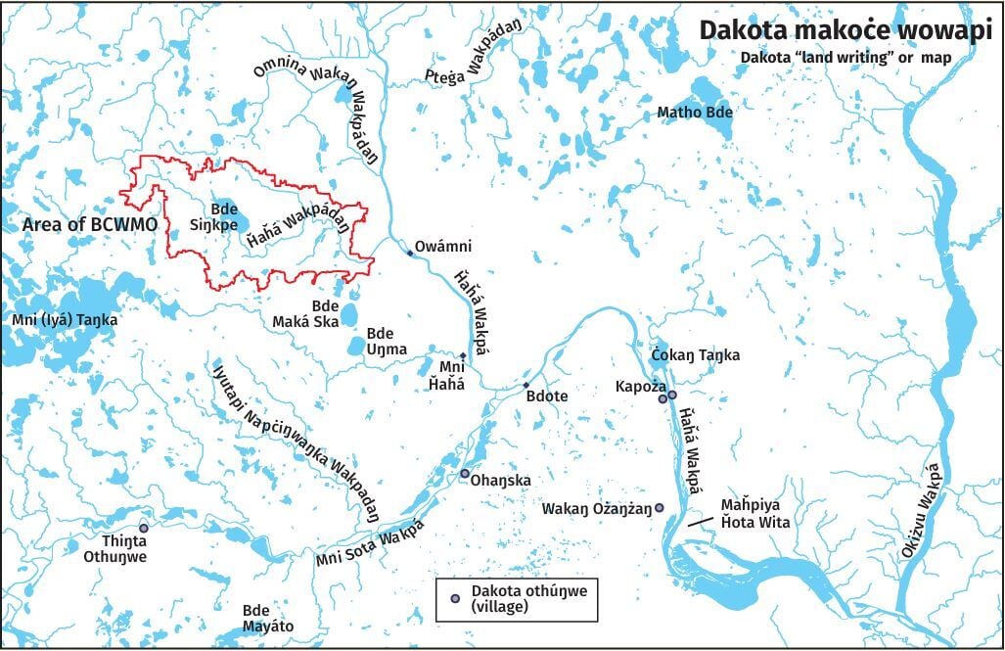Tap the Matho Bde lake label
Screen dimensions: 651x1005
(695, 113)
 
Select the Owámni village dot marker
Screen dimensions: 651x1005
(410, 254)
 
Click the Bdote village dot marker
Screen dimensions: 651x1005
(525, 385)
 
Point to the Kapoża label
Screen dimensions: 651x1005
(633, 387)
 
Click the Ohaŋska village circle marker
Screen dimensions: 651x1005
(465, 474)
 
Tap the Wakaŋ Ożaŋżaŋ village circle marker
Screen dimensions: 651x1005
(660, 507)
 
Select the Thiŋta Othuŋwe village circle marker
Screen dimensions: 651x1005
(144, 528)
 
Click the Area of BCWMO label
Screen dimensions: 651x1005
(90, 225)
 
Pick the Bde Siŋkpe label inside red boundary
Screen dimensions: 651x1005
(224, 215)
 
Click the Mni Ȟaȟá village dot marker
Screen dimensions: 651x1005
(463, 355)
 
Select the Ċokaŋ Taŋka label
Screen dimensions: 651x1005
(695, 354)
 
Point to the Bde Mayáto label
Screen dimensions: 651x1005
(268, 619)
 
